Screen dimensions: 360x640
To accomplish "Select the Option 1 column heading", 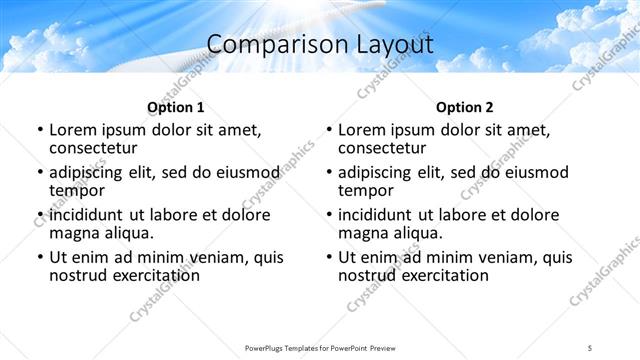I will pos(176,107).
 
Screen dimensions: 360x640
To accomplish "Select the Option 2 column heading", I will pos(465,107).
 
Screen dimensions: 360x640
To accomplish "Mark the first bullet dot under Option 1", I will pos(39,130).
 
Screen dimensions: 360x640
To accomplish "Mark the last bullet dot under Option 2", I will pos(328,257).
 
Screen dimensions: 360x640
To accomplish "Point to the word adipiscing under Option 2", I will pos(379,172).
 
